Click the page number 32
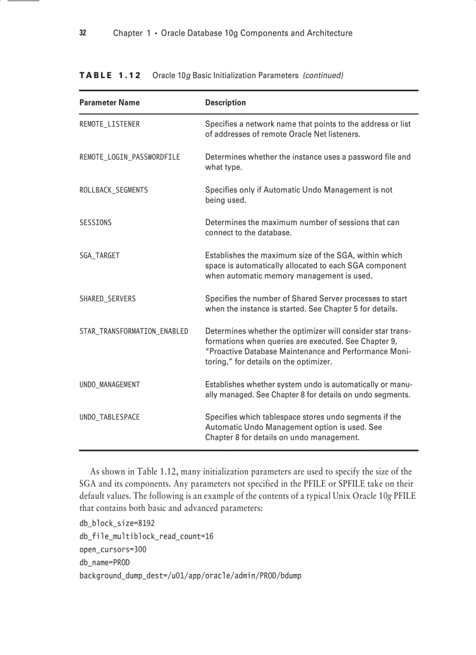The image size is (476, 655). pyautogui.click(x=83, y=33)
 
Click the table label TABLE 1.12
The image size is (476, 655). pyautogui.click(x=110, y=75)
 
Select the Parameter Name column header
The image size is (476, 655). pyautogui.click(x=110, y=103)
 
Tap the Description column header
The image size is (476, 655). pyautogui.click(x=225, y=103)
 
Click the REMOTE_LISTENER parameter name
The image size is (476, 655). pyautogui.click(x=110, y=124)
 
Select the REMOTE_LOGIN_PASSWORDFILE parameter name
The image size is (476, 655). pyautogui.click(x=129, y=157)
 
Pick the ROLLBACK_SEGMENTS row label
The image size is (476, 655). pyautogui.click(x=114, y=190)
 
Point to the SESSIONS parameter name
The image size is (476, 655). pyautogui.click(x=96, y=223)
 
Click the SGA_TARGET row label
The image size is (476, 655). pyautogui.click(x=100, y=255)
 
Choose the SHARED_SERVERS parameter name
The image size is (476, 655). pyautogui.click(x=107, y=299)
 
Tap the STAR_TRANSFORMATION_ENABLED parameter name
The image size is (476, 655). pyautogui.click(x=134, y=331)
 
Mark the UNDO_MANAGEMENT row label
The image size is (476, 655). pyautogui.click(x=110, y=385)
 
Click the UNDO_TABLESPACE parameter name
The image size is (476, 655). pyautogui.click(x=110, y=418)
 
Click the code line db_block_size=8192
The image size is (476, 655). pyautogui.click(x=117, y=523)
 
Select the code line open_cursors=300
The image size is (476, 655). pyautogui.click(x=113, y=549)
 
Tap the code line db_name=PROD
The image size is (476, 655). pyautogui.click(x=104, y=563)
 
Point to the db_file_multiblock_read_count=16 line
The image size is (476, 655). pyautogui.click(x=146, y=537)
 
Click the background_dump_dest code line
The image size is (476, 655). pyautogui.click(x=190, y=576)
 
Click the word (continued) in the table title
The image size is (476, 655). pyautogui.click(x=323, y=75)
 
